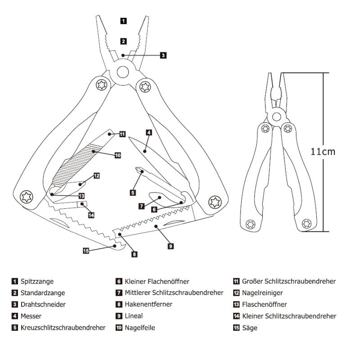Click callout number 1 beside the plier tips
click(x=124, y=21)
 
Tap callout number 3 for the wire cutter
click(x=163, y=55)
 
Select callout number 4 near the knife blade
click(x=148, y=133)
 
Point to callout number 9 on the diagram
click(x=171, y=246)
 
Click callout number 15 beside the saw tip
click(x=85, y=251)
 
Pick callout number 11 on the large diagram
click(x=122, y=134)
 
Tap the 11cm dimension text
click(x=323, y=152)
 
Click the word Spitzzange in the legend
click(x=37, y=281)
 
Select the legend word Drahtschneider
click(x=43, y=304)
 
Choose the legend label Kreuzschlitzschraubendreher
click(x=63, y=328)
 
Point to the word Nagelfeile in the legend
click(x=140, y=328)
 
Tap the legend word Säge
click(x=250, y=328)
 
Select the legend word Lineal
click(x=134, y=316)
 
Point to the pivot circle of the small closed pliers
click(x=275, y=117)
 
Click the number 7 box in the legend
click(x=119, y=293)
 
